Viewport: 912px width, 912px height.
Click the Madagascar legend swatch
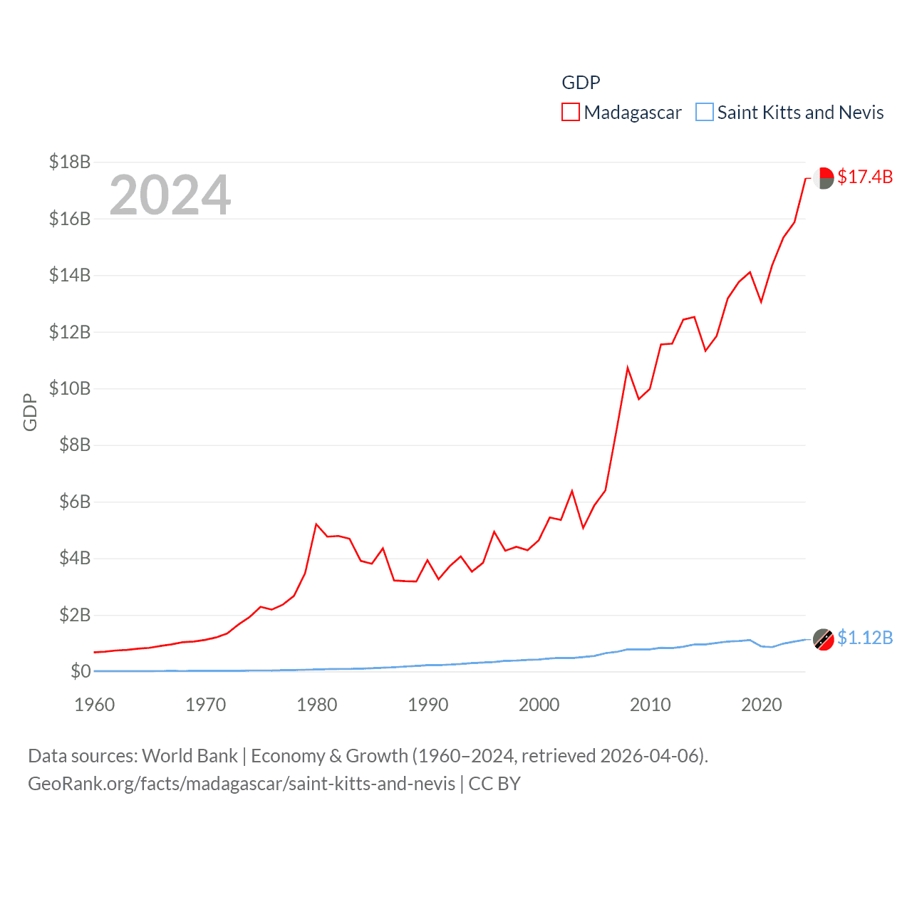click(x=570, y=113)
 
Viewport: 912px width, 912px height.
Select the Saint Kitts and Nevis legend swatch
click(x=704, y=113)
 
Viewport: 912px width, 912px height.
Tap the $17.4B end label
click(x=864, y=177)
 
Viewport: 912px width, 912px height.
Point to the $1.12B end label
click(x=864, y=638)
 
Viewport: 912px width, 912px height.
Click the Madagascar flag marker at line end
click(x=823, y=178)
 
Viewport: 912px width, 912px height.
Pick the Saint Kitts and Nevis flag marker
click(x=823, y=639)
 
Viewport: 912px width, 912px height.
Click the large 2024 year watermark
click(x=170, y=195)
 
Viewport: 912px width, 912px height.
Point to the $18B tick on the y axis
click(x=70, y=162)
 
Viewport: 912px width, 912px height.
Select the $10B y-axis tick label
click(x=70, y=388)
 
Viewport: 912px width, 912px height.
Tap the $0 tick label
click(x=81, y=671)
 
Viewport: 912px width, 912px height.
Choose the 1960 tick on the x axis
click(x=95, y=705)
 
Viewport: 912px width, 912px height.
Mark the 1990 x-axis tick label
click(x=427, y=705)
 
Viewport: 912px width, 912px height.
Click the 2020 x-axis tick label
click(x=761, y=705)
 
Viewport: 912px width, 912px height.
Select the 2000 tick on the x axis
click(x=539, y=705)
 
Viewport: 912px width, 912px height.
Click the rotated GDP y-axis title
click(x=30, y=412)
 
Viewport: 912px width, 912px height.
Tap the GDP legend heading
click(x=581, y=83)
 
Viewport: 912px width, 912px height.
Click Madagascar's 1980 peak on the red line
click(x=316, y=524)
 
